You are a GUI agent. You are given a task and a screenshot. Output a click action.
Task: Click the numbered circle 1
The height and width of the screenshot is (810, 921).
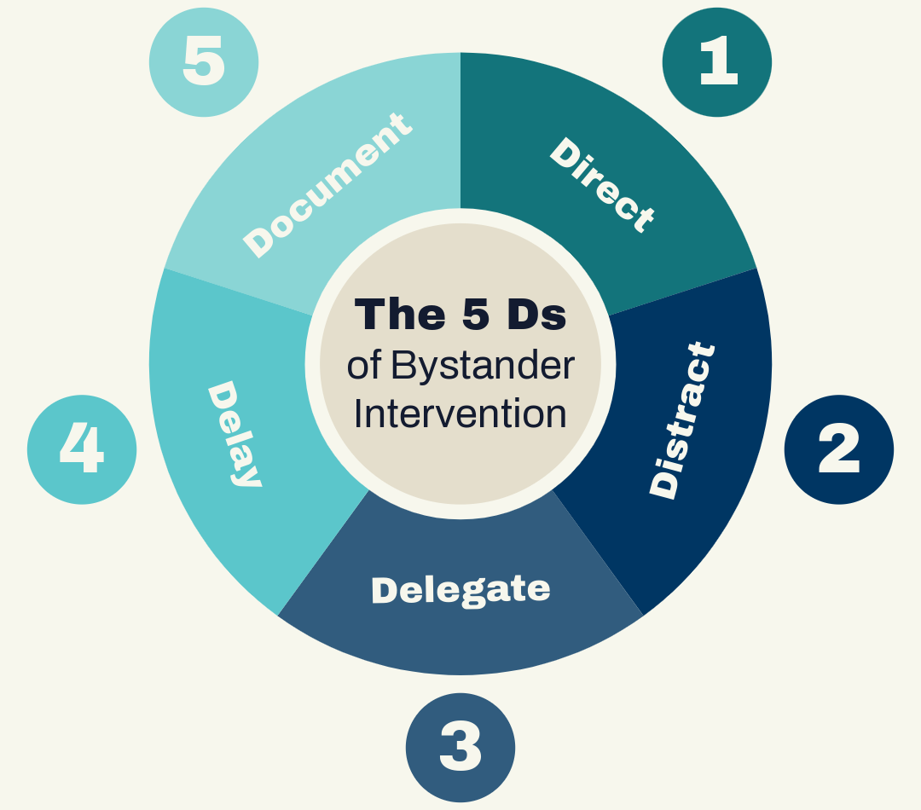click(x=717, y=62)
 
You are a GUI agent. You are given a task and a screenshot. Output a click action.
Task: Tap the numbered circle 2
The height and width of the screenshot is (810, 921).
click(x=838, y=449)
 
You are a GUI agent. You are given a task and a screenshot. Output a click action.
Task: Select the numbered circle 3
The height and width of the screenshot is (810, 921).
click(x=460, y=747)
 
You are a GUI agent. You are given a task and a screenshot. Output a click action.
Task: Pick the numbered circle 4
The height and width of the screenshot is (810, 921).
click(x=82, y=449)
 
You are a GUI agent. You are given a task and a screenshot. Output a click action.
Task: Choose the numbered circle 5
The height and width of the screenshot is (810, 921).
click(x=204, y=62)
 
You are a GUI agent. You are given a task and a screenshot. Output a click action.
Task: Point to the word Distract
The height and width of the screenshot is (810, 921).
click(x=681, y=419)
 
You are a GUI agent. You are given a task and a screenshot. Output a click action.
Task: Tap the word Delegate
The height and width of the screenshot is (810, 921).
click(x=460, y=590)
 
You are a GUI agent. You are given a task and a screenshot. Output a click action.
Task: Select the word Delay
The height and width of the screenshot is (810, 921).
click(x=234, y=434)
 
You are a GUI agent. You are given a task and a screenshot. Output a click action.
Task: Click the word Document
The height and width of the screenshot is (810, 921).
click(x=327, y=185)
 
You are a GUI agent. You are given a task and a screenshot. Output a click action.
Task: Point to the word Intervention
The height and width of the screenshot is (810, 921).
click(x=460, y=414)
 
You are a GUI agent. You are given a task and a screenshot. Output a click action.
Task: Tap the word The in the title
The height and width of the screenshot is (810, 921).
click(x=399, y=315)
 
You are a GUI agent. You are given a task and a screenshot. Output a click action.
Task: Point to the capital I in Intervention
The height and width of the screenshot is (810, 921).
click(x=359, y=414)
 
